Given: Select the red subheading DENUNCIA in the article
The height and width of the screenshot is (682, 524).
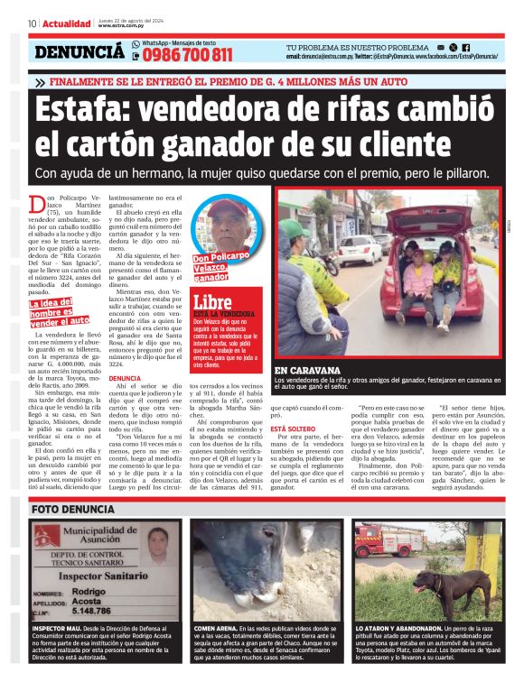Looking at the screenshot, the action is click(x=124, y=379).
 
